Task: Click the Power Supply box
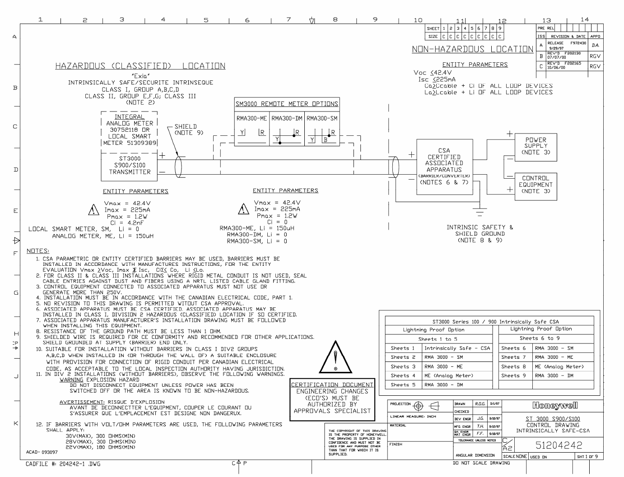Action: coord(536,146)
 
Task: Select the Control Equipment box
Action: coord(536,185)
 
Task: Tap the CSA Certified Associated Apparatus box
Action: coord(444,167)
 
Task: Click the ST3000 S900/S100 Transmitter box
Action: coord(130,165)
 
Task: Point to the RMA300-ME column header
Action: coord(251,119)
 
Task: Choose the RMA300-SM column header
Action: coord(322,119)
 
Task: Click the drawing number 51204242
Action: coord(559,445)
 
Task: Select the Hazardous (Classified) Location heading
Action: coord(140,66)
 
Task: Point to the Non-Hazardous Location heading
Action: coord(472,49)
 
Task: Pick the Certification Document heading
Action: coord(332,385)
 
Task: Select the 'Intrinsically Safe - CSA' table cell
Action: coord(457,348)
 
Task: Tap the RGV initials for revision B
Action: coord(595,56)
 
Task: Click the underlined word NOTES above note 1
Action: coord(38,251)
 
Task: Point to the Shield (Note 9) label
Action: coord(186,130)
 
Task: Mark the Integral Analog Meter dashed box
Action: coord(129,130)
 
